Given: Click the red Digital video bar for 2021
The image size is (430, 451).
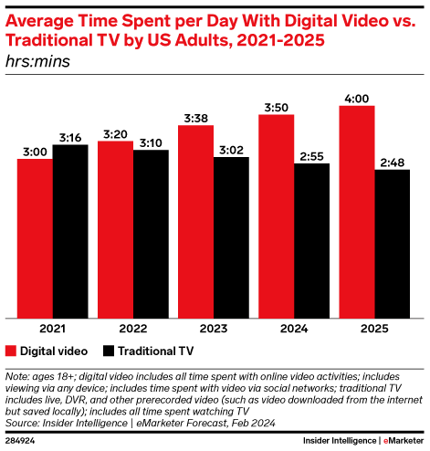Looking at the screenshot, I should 34,237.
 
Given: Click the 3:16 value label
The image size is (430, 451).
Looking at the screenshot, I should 69,137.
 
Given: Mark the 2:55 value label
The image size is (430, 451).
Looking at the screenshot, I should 311,156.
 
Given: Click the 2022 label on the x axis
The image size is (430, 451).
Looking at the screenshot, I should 132,330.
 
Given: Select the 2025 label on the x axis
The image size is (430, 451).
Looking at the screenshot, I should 375,330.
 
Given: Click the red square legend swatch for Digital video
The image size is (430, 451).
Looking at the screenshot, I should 12,351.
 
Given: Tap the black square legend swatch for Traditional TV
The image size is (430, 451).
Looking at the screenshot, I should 108,351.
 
